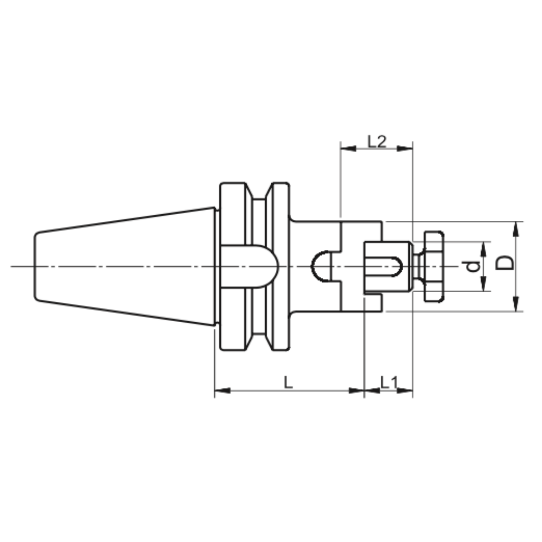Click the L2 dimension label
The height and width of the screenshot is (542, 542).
pos(377,142)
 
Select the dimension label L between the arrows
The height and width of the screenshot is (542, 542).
pos(288,382)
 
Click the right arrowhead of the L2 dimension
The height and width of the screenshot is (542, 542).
pos(405,148)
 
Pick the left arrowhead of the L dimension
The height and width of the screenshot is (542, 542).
pos(223,391)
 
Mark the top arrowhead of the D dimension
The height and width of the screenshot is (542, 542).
pos(516,229)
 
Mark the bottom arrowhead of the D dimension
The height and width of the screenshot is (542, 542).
pos(516,303)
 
